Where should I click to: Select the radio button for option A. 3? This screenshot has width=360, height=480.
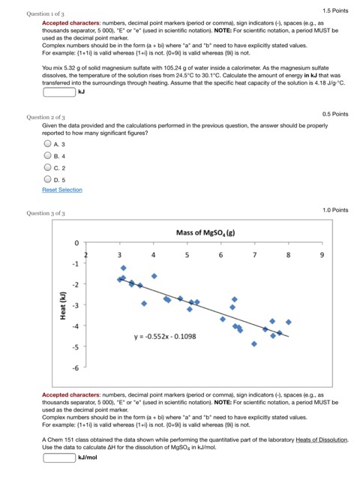tap(49, 143)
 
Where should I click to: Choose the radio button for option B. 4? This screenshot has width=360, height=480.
tap(49, 155)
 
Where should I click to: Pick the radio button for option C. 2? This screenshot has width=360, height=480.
tap(49, 168)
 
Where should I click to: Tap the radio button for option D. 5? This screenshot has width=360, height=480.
tap(49, 180)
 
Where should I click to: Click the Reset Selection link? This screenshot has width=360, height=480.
tap(62, 190)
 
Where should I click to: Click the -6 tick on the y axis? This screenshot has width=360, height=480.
tap(74, 367)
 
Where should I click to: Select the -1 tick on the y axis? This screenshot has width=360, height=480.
tap(74, 264)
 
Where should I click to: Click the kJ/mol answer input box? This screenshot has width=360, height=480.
tap(59, 457)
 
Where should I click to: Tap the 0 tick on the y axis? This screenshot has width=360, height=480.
tap(76, 244)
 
